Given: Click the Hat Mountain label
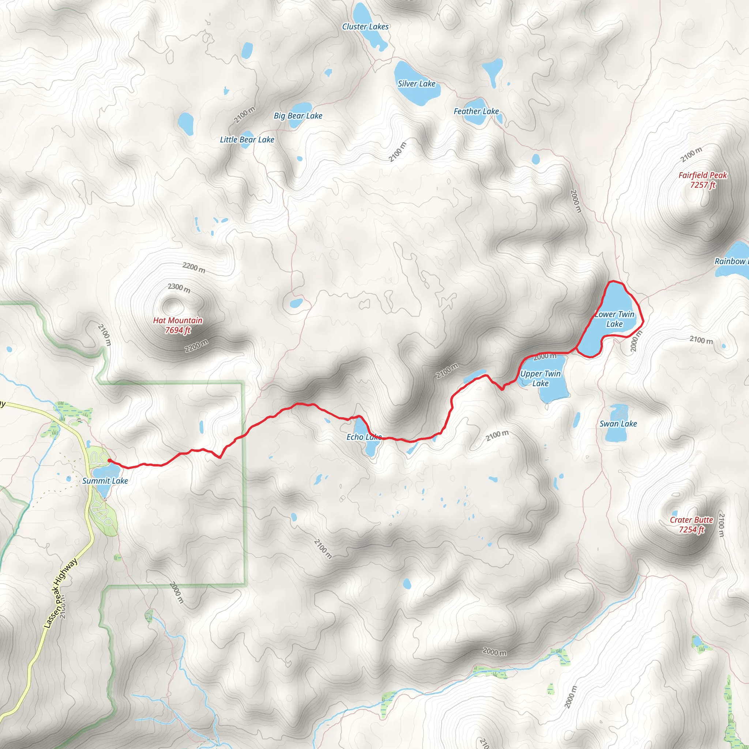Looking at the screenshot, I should [177, 325].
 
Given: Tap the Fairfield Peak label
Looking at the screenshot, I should [703, 180].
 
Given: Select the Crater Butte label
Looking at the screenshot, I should [691, 524].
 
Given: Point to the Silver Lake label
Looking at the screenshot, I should [416, 84].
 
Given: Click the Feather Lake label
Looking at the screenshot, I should [476, 111].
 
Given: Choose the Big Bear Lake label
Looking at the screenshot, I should [298, 116].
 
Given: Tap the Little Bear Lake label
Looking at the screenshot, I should [247, 140].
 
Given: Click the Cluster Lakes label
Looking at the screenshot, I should [365, 27].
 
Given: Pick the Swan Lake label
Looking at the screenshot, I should [618, 424].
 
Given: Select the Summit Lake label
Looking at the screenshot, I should [105, 481].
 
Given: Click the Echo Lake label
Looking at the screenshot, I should [364, 437].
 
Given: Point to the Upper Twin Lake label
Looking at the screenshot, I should [540, 379].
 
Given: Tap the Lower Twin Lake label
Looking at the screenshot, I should [614, 319].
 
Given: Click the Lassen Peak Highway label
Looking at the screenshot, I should [60, 594].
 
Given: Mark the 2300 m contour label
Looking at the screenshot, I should [179, 288].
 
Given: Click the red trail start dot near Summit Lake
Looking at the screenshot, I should [110, 460].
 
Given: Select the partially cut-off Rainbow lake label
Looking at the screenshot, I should [731, 261].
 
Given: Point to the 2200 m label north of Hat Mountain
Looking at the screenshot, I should [194, 267].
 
